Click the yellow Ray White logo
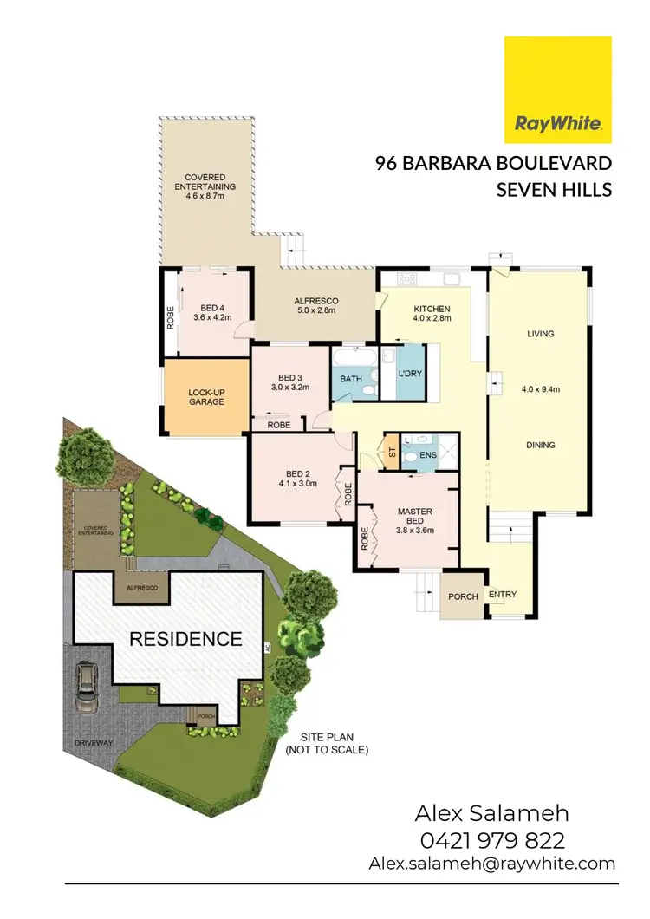pos(558,90)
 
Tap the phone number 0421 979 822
pos(491,839)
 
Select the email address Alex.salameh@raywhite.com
pos(491,863)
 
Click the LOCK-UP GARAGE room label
pos(206,397)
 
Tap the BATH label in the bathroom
pos(350,379)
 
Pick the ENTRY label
pos(503,595)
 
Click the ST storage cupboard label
pos(391,453)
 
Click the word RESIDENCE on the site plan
pos(186,640)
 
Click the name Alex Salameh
pos(491,813)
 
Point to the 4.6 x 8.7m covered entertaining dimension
pos(205,197)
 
